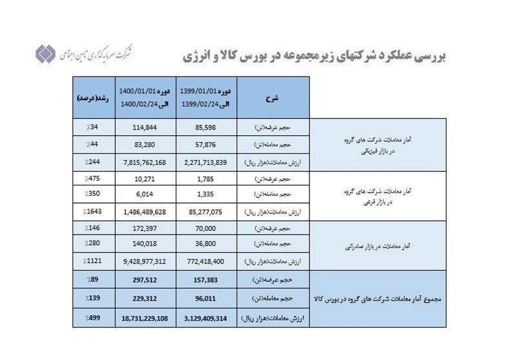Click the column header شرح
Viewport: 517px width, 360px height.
(273, 98)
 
